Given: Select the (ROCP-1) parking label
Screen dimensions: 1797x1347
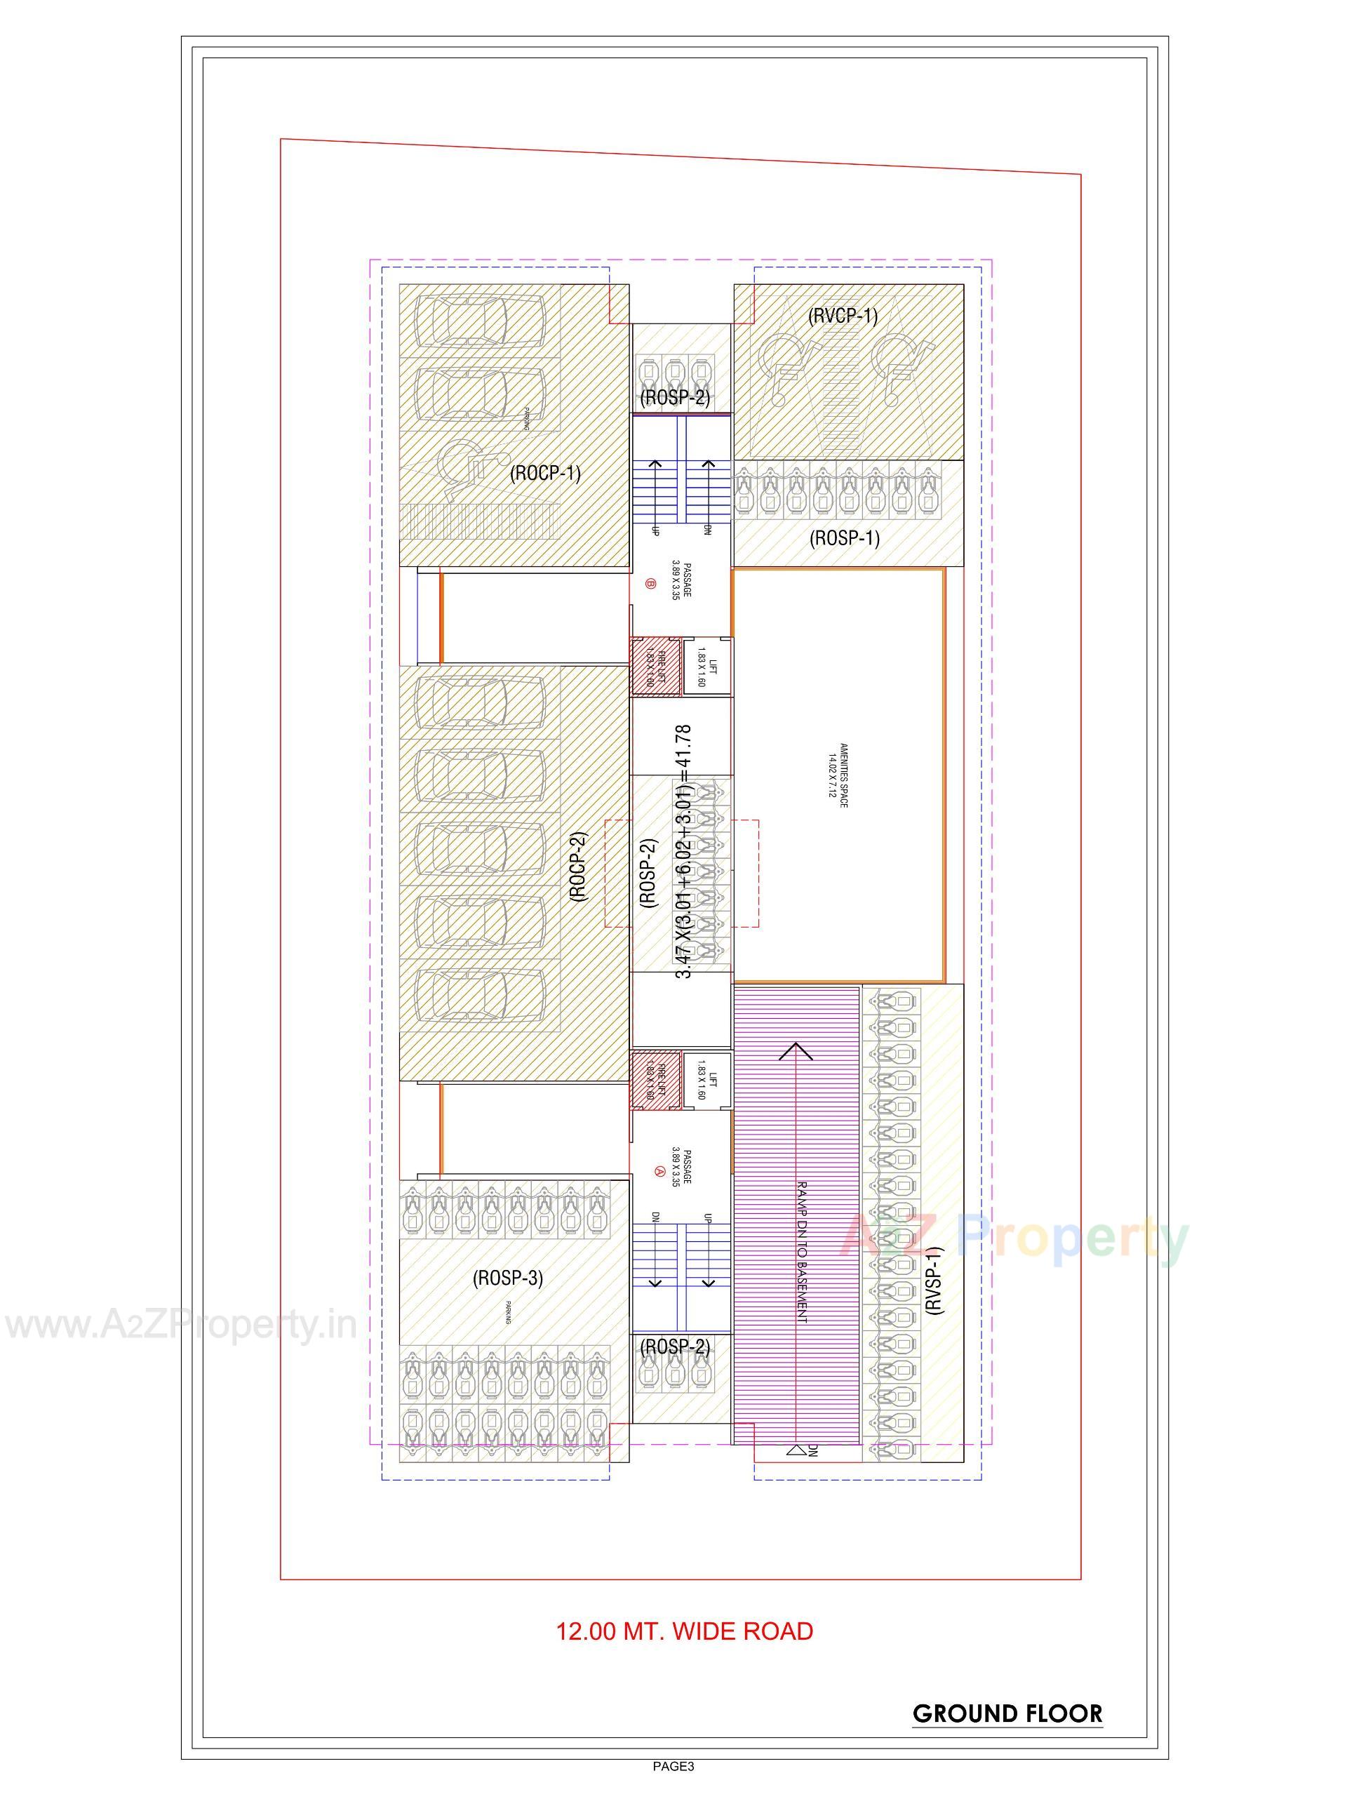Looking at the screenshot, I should tap(545, 473).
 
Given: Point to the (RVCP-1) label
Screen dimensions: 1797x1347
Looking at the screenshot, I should tap(843, 315).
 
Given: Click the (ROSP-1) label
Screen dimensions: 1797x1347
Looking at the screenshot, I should tap(845, 537).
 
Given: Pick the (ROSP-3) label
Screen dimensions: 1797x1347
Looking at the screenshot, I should tap(508, 1278).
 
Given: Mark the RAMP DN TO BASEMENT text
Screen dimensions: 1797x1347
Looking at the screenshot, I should tap(802, 1252).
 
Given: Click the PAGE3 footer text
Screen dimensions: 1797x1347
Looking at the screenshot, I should tap(673, 1788).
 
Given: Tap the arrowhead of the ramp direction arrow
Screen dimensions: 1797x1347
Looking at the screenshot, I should tap(797, 1051).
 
